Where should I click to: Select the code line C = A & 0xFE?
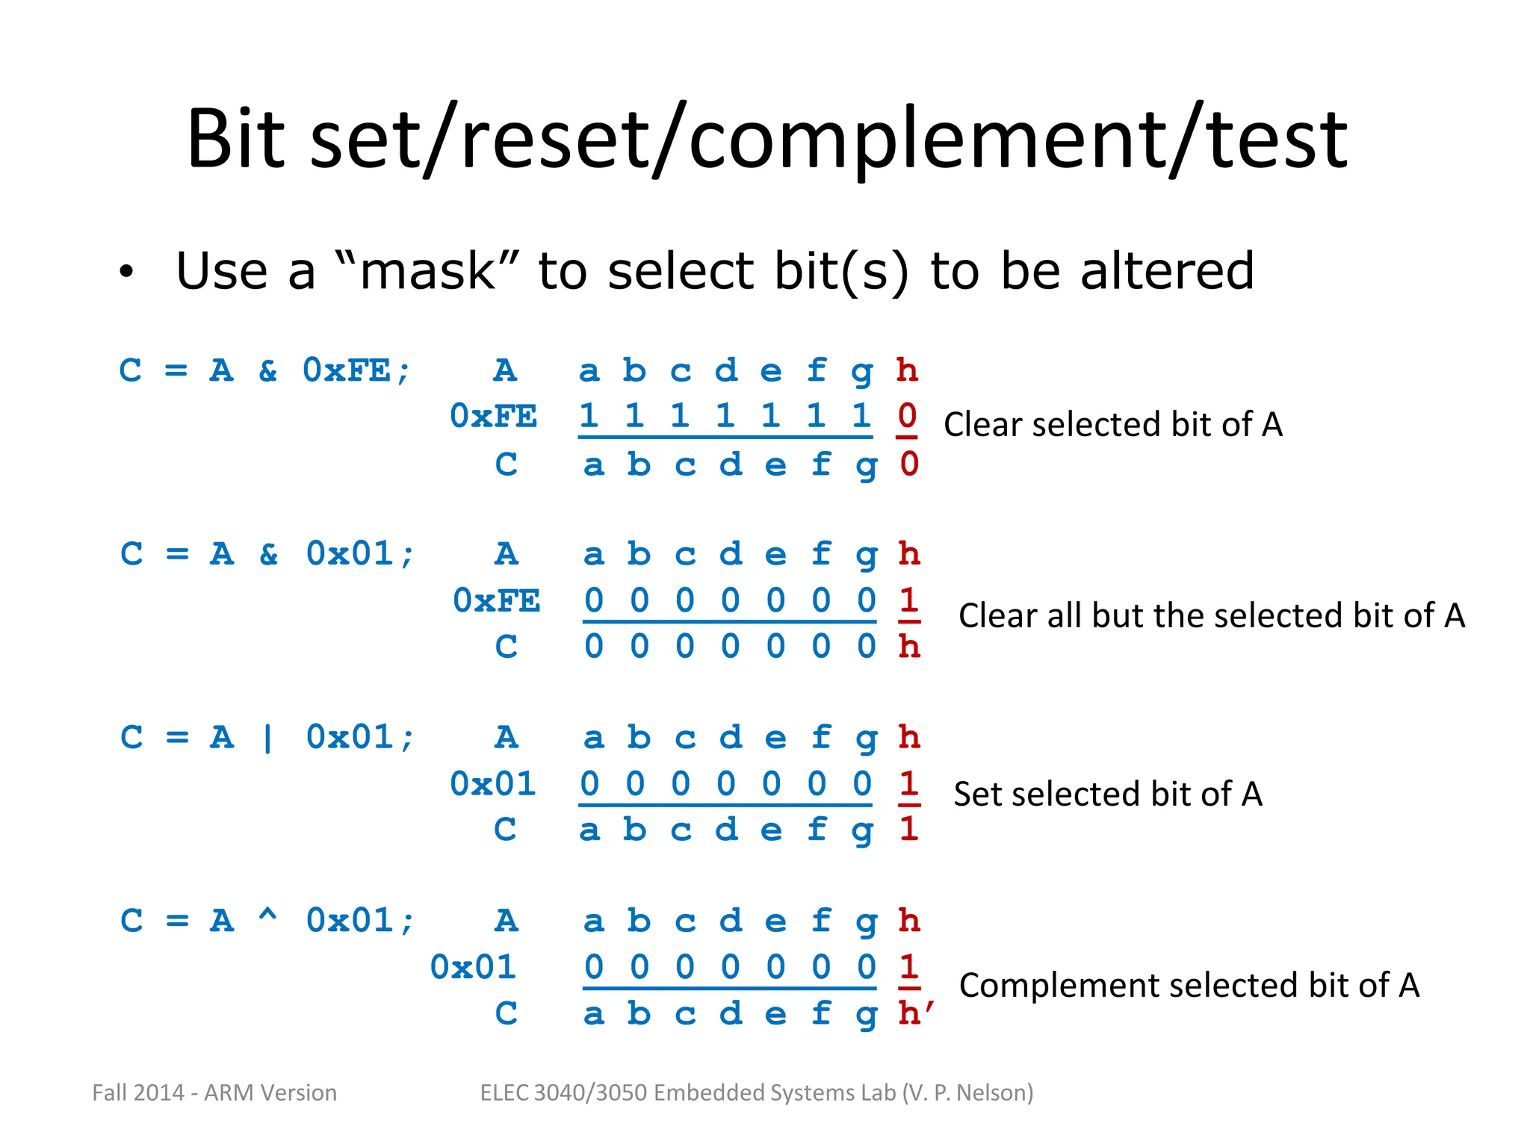(x=265, y=370)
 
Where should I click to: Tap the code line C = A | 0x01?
(x=267, y=738)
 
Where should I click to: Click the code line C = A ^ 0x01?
(x=267, y=921)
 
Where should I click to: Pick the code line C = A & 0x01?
(x=267, y=554)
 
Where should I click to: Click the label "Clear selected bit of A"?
(x=1112, y=424)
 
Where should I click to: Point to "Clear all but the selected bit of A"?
(x=1211, y=615)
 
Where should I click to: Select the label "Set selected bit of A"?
(x=1107, y=794)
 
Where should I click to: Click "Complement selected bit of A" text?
(x=1189, y=985)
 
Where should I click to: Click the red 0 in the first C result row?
(x=908, y=464)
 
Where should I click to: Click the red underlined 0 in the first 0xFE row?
(x=907, y=416)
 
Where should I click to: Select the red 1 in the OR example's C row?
(x=908, y=829)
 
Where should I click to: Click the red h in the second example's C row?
(x=908, y=647)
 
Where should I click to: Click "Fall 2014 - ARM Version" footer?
(x=214, y=1092)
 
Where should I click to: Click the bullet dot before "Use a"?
(x=126, y=273)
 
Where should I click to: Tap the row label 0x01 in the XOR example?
(x=473, y=967)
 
